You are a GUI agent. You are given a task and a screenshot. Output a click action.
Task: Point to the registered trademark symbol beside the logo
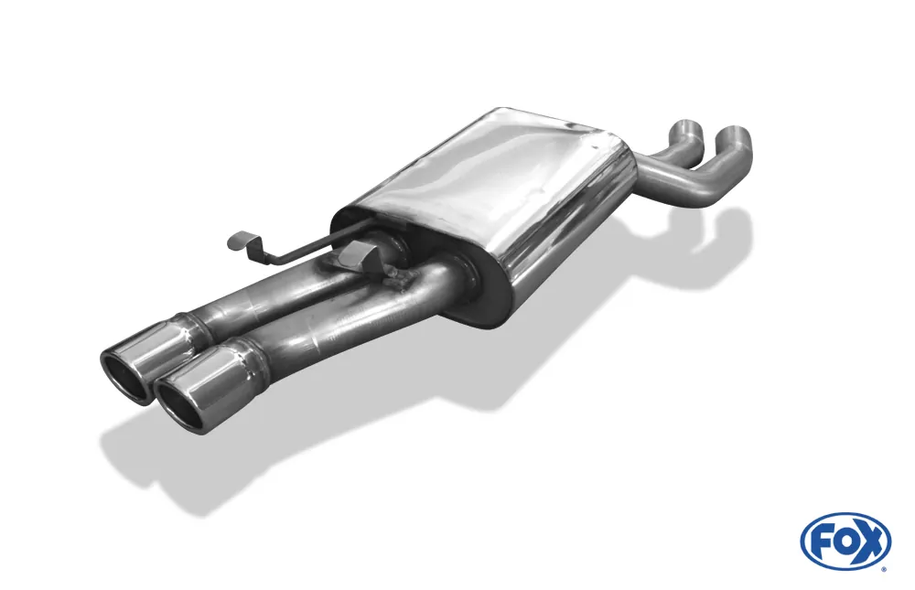click(883, 568)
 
